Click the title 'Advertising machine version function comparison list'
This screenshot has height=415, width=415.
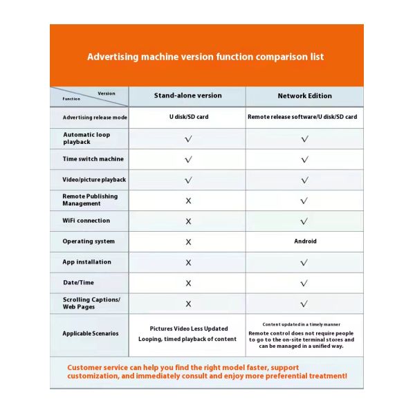pos(205,57)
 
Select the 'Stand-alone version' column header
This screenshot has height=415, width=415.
pos(188,96)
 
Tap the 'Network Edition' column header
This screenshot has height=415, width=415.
pos(304,96)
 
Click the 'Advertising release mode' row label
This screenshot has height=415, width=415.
pos(95,118)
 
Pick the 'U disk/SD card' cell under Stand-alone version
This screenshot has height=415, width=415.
pos(188,118)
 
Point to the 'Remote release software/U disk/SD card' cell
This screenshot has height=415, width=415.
pos(302,118)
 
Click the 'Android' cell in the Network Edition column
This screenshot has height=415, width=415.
pos(305,241)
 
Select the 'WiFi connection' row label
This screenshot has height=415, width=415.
pos(86,221)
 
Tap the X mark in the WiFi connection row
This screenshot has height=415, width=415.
pos(188,221)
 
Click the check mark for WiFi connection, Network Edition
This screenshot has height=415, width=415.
pos(305,221)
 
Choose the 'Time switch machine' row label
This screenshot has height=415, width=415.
pos(93,159)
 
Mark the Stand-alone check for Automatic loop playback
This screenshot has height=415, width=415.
pos(188,138)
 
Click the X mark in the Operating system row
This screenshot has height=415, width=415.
pos(188,242)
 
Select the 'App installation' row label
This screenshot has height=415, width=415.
pos(86,262)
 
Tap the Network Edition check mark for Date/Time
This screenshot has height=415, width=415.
pos(305,283)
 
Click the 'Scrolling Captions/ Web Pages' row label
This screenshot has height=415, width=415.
pos(91,304)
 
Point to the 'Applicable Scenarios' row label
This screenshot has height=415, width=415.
pos(90,333)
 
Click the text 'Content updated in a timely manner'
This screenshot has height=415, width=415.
pos(301,324)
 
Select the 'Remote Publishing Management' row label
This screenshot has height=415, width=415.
pos(90,200)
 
